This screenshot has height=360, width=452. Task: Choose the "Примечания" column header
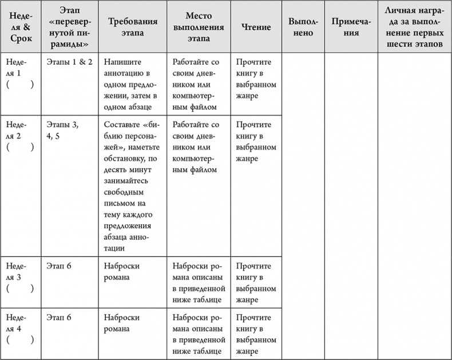coord(351,27)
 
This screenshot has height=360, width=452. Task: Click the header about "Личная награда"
coord(414,27)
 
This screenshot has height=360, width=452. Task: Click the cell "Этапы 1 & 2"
coord(69,62)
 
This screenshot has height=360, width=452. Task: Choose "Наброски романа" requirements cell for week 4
coord(122,323)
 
